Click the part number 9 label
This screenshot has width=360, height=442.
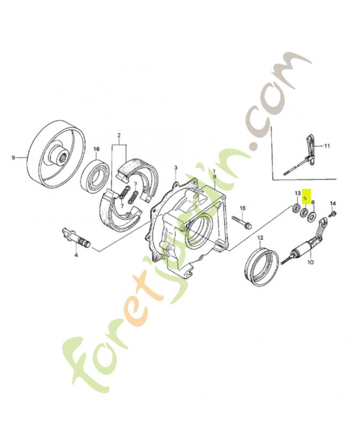coord(13,157)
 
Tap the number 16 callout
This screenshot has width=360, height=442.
coord(96,149)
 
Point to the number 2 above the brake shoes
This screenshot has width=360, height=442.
coord(118,135)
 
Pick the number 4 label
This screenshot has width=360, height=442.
coord(76,255)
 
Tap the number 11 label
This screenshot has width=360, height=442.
coord(327,146)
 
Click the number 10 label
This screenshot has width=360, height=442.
coord(309,262)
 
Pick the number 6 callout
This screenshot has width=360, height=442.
coord(313,203)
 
